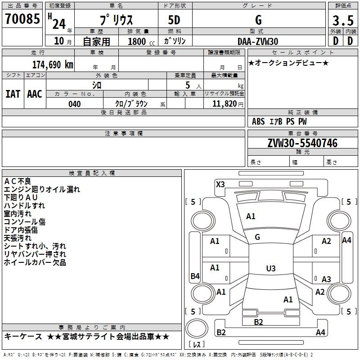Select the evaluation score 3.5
pos(342,21)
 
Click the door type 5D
pos(174,21)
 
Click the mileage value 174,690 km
pos(53,64)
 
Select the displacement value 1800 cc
pos(137,41)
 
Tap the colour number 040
pos(75,104)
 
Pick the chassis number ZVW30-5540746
pos(302,144)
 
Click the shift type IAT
pos(13,94)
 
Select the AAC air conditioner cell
pos(35,94)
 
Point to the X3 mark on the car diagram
pos(220,184)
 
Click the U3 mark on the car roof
pos(270,269)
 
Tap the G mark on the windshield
pos(257,237)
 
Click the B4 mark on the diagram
pos(195,276)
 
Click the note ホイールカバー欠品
pos(35,262)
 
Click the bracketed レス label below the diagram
pos(197,345)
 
